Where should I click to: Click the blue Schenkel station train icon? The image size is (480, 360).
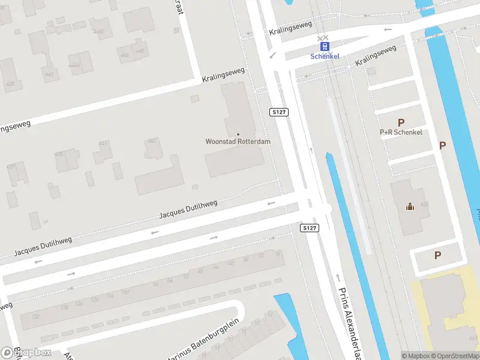(325, 46)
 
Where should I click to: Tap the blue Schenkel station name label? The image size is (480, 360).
(325, 56)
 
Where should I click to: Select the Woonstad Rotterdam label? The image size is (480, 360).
(238, 142)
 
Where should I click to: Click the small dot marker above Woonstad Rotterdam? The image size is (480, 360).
(238, 134)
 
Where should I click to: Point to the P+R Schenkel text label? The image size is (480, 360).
(401, 132)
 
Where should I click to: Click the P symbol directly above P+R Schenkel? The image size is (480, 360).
(401, 122)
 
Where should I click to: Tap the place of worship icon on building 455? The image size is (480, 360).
(410, 207)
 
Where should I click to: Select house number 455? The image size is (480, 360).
(424, 205)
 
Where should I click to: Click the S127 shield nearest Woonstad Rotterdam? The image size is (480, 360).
(278, 112)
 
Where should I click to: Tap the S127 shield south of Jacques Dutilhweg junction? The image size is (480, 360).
(309, 228)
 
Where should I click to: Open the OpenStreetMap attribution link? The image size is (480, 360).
(456, 356)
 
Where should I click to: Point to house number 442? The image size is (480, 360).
(49, 74)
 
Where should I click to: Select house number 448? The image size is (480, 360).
(140, 51)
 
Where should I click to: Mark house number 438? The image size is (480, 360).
(10, 84)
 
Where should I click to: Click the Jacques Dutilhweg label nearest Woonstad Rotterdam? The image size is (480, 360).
(188, 209)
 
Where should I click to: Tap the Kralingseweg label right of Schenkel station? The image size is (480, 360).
(376, 56)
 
